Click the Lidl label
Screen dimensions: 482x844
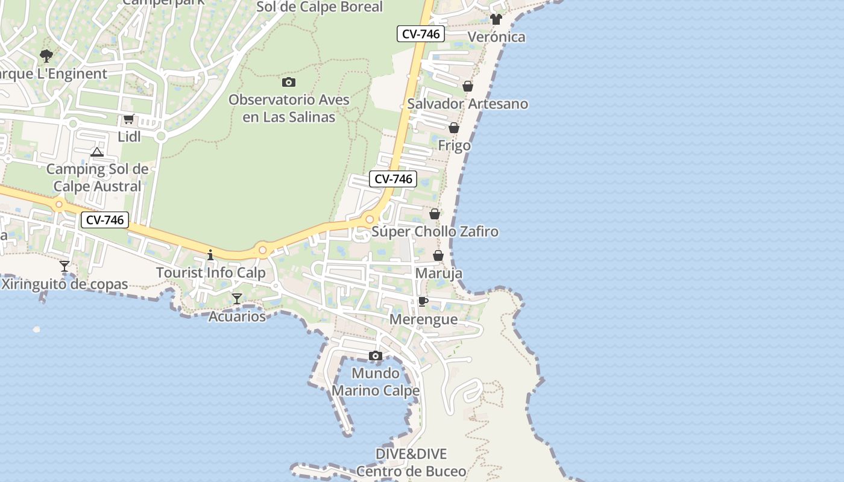(129, 137)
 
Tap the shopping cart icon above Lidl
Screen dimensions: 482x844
(128, 119)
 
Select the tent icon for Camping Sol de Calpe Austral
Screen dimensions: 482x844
(97, 152)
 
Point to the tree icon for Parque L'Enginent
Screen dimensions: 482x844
(46, 57)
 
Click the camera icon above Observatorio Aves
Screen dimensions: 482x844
(289, 82)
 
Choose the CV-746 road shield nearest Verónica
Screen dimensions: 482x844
(421, 34)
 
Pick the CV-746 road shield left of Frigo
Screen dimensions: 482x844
(393, 178)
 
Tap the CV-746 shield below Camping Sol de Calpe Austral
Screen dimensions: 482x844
(105, 220)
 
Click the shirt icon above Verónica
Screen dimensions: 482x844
(496, 19)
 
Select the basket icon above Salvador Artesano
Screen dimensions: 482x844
(468, 87)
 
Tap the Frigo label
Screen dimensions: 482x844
(454, 145)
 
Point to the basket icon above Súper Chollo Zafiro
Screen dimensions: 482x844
(435, 214)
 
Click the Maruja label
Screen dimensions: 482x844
(439, 273)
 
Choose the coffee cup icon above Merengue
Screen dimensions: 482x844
(423, 301)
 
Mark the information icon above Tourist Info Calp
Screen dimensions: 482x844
(210, 255)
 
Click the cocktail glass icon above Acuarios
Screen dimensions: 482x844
(237, 299)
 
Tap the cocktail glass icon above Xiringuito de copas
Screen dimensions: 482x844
(65, 266)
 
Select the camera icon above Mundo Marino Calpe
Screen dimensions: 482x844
(376, 356)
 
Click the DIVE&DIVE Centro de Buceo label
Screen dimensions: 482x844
(411, 462)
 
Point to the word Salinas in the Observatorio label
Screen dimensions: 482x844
(311, 117)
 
